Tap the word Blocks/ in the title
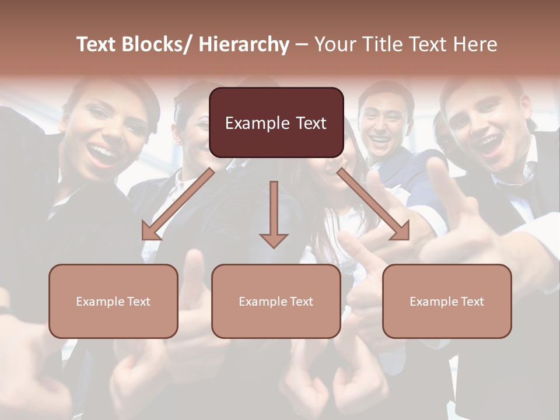tap(157, 44)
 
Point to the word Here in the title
tap(474, 44)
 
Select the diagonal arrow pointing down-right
tap(373, 204)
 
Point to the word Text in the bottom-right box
tap(472, 302)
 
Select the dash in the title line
tap(302, 45)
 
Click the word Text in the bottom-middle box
tap(301, 302)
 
